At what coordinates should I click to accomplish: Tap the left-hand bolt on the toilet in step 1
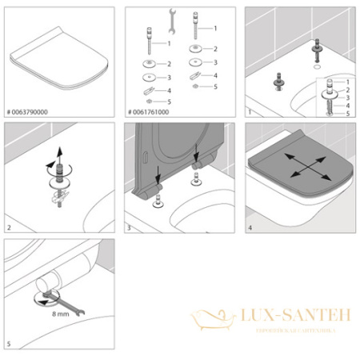coord(281,80)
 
